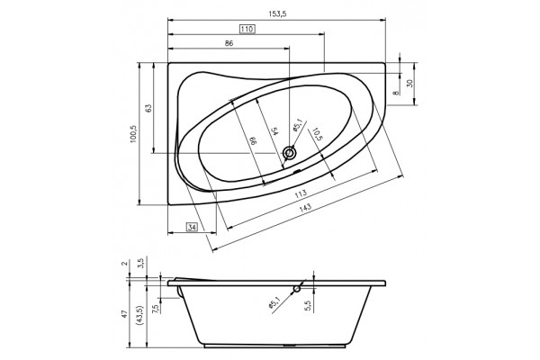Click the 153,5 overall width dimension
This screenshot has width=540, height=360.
point(277,13)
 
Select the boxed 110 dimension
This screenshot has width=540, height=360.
point(247,29)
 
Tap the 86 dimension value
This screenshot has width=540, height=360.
point(229,43)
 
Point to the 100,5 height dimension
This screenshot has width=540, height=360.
point(133,134)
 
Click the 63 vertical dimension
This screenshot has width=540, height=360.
point(148,108)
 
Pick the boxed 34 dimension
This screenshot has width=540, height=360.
point(193,228)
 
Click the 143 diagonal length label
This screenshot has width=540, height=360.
point(305,207)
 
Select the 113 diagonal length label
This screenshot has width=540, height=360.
point(301,194)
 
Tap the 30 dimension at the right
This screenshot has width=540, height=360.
point(409,83)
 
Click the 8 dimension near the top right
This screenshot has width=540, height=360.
point(396,93)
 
